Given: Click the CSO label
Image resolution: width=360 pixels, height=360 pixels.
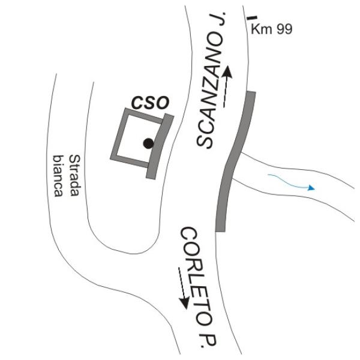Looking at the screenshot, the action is pos(151,103).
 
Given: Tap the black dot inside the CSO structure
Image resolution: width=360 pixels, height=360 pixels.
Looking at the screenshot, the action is pos(148,143).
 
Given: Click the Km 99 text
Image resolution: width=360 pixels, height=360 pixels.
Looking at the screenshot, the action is pos(272,29).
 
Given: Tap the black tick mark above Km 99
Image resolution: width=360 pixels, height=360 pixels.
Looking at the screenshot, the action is pos(252,17).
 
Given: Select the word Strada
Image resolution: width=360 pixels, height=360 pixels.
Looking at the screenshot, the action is pos(75,175).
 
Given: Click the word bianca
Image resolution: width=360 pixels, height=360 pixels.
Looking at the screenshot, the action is pos(58,176).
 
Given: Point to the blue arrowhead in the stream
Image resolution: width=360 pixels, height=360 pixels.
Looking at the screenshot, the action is pos(311,188).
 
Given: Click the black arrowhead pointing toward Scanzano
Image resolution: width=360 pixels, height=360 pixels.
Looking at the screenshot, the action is pos(227,72).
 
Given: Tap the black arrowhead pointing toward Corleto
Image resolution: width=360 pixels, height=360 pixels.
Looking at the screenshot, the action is pos(184,302).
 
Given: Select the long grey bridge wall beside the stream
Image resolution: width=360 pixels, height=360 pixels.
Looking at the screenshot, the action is pos(235,161).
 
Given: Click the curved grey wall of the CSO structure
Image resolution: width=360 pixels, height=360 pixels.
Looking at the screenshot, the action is pos(160,146).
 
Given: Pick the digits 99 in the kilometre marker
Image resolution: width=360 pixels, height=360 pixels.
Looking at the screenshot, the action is pos(284,29).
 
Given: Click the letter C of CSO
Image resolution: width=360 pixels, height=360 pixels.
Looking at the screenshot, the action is pos(137,103).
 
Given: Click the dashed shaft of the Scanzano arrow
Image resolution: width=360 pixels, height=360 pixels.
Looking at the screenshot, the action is pos(226,92).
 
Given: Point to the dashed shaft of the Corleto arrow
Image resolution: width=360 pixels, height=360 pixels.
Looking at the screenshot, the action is pos(182,283).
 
